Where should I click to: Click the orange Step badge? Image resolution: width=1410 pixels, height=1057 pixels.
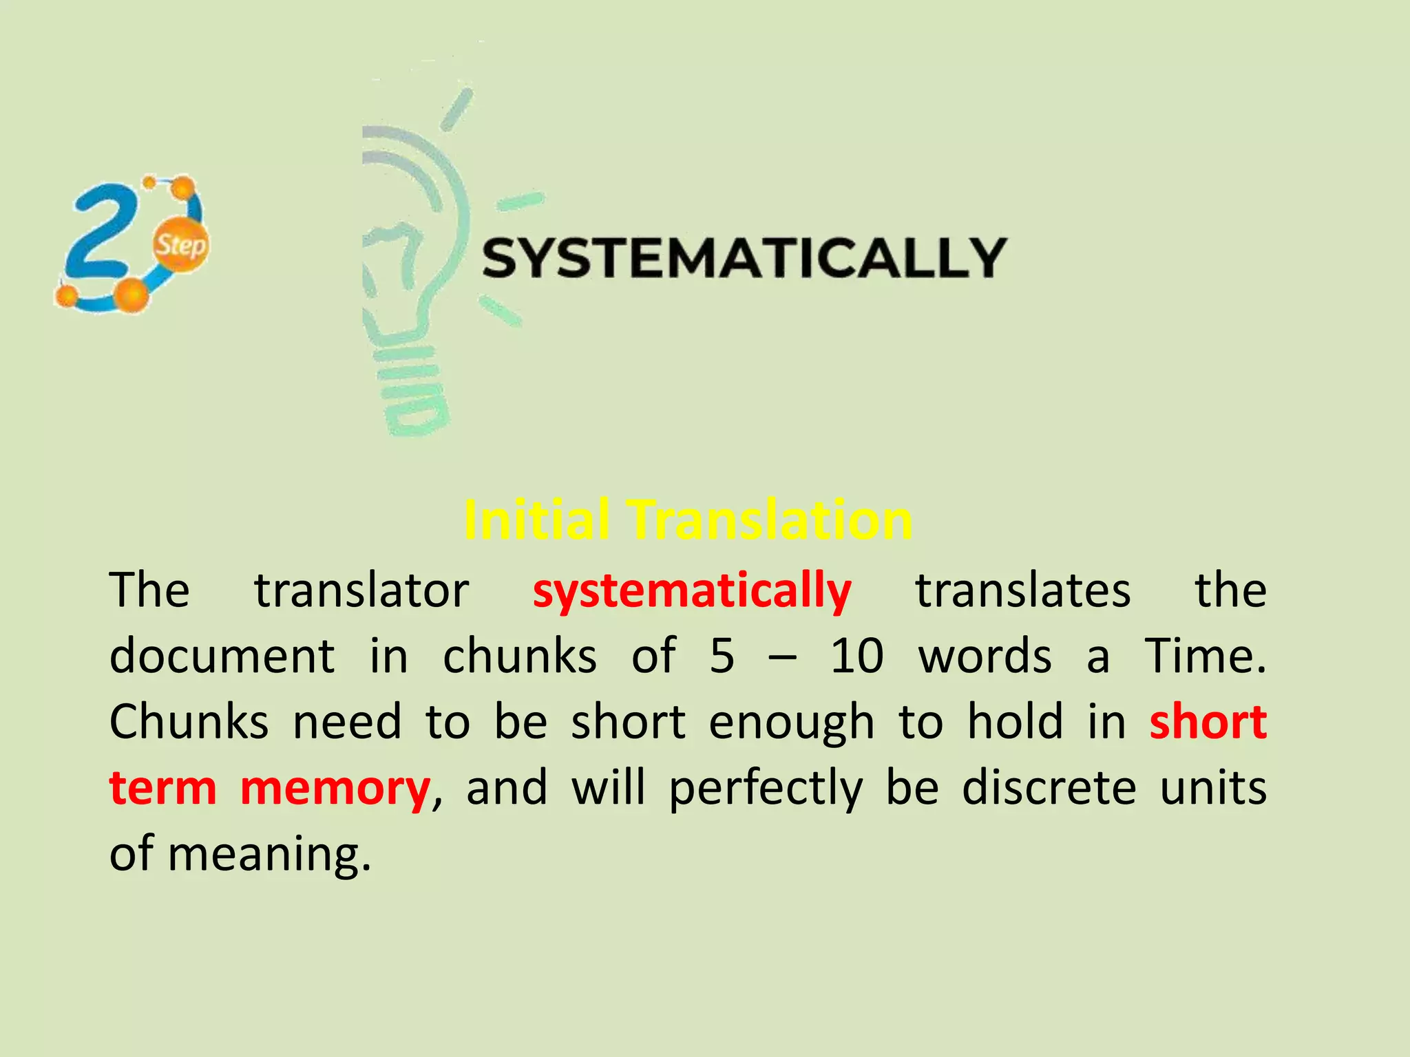pos(180,244)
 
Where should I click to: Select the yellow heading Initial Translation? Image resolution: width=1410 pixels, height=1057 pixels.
pos(688,520)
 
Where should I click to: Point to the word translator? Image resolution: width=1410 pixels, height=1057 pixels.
pos(361,590)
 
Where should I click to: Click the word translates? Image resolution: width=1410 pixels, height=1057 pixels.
pos(1022,590)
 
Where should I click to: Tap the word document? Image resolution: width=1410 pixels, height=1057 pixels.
pos(222,656)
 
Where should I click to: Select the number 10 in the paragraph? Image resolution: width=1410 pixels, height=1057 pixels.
pos(856,656)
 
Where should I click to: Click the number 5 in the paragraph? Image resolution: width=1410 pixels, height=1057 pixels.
pos(722,656)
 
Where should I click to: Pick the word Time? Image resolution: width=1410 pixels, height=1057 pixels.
pos(1205,656)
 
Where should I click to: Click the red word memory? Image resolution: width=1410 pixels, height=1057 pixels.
pos(335,788)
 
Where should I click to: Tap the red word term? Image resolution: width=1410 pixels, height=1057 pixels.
pos(163,788)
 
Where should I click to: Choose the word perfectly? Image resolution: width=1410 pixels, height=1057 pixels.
pos(766,788)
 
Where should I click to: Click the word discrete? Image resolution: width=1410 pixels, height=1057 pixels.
pos(1049,788)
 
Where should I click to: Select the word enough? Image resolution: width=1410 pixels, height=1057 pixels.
pos(792,723)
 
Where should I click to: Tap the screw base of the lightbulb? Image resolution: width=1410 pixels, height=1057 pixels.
pos(413,392)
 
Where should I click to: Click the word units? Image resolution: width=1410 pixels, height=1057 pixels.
pos(1213,788)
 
